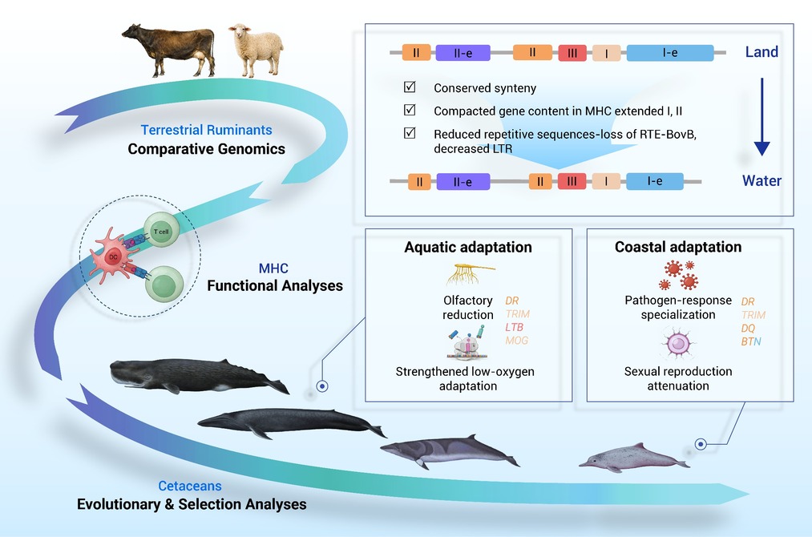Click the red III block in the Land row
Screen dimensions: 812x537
coord(572,53)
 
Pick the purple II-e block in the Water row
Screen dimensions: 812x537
coord(463,182)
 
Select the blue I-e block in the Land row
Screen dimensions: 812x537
coord(670,53)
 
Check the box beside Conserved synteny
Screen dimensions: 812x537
coord(410,87)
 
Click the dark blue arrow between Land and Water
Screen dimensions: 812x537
coord(762,117)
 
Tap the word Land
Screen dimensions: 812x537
coord(762,52)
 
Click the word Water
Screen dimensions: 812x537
coord(762,180)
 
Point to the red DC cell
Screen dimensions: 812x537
coord(112,256)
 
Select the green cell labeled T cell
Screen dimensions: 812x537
coord(162,230)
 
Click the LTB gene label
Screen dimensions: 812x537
coord(515,327)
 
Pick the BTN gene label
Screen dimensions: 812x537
coord(751,341)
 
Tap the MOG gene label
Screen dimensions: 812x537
coord(517,341)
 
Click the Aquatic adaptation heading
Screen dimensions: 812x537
coord(468,247)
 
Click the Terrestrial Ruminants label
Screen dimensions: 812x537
coord(206,130)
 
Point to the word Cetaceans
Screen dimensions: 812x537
coord(189,486)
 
